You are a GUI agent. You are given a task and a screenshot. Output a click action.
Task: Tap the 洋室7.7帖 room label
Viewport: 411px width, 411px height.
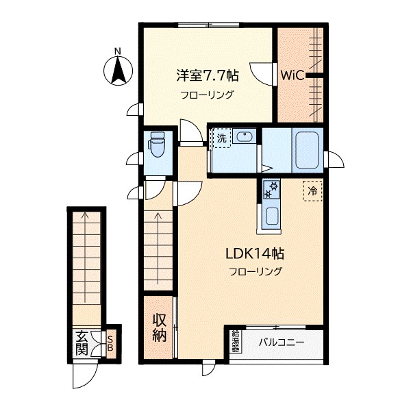click(208, 75)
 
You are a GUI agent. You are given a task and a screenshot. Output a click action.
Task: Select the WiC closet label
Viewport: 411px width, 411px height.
click(292, 75)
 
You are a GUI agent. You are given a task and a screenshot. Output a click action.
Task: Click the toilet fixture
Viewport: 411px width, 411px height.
click(157, 145)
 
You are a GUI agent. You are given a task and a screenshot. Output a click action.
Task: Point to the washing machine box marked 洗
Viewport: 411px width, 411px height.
click(222, 138)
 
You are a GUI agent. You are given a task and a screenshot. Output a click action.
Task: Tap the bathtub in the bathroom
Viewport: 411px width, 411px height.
click(307, 150)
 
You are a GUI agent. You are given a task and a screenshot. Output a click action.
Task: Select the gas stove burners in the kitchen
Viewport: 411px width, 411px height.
click(271, 189)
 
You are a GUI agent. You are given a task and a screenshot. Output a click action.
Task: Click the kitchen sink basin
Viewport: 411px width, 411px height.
click(273, 216)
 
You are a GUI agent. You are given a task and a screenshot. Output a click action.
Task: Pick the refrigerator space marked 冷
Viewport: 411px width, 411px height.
click(312, 191)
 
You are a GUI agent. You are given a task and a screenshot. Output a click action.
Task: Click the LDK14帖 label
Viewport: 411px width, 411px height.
click(255, 253)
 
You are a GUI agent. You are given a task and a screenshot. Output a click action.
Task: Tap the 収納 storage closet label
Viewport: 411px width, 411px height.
click(160, 327)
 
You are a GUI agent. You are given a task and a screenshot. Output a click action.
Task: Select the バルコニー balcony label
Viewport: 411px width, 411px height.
click(282, 342)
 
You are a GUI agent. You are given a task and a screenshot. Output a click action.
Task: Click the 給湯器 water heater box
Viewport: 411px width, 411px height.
click(236, 341)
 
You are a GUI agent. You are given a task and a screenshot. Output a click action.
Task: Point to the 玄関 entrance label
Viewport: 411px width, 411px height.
click(82, 343)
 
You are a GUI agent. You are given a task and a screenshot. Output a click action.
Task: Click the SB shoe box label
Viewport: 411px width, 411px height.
click(110, 344)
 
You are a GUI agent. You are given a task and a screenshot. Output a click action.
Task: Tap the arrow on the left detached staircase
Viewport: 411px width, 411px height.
click(85, 257)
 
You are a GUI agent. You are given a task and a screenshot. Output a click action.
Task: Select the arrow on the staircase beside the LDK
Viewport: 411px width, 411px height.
click(158, 248)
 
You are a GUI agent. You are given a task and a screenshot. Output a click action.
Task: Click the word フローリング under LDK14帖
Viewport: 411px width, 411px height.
click(256, 271)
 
